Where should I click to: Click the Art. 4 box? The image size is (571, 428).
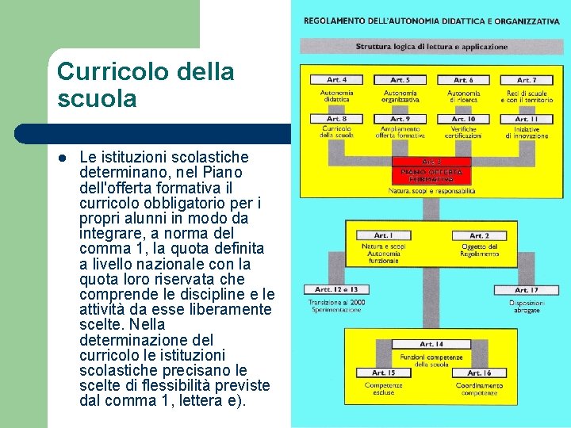pyautogui.click(x=337, y=80)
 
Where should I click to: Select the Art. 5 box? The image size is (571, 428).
pyautogui.click(x=400, y=80)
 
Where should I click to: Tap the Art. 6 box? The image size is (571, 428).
pyautogui.click(x=463, y=80)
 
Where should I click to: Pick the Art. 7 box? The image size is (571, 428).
pyautogui.click(x=526, y=80)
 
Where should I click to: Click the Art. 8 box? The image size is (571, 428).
pyautogui.click(x=337, y=119)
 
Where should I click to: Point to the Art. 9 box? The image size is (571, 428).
pyautogui.click(x=400, y=119)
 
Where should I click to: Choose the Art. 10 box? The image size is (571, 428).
pyautogui.click(x=463, y=119)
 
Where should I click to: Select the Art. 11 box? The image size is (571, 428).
pyautogui.click(x=526, y=119)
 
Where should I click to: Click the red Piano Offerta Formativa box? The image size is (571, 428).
pyautogui.click(x=431, y=171)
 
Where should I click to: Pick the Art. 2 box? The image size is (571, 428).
pyautogui.click(x=479, y=235)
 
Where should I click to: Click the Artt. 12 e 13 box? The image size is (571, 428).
pyautogui.click(x=336, y=290)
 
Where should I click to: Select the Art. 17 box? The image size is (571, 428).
pyautogui.click(x=526, y=290)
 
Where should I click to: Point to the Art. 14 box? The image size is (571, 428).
pyautogui.click(x=431, y=344)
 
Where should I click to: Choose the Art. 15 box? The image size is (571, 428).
pyautogui.click(x=384, y=373)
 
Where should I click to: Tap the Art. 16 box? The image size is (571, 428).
pyautogui.click(x=479, y=373)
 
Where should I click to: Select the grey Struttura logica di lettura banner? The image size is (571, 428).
pyautogui.click(x=431, y=47)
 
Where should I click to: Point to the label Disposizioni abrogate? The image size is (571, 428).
pyautogui.click(x=526, y=307)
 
